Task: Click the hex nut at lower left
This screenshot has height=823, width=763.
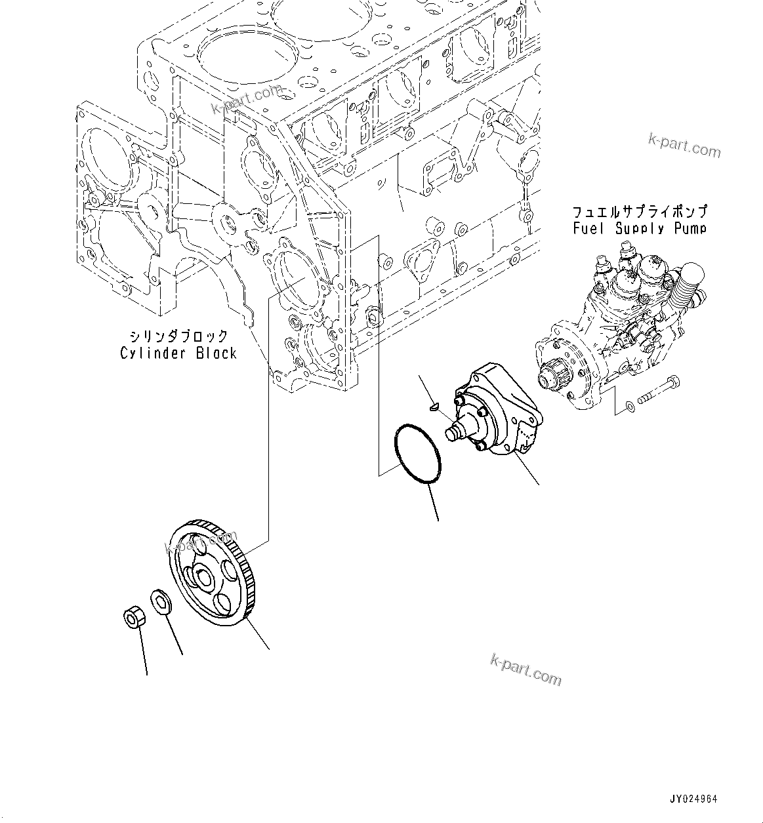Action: [x=134, y=616]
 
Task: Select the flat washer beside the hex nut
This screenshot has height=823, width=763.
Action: [x=161, y=602]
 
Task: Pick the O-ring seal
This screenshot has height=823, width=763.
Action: [x=417, y=454]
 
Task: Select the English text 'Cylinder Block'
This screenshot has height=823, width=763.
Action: [x=178, y=353]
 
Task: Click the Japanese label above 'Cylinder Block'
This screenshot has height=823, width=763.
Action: [x=178, y=336]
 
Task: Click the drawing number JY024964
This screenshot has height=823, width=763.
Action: [x=693, y=799]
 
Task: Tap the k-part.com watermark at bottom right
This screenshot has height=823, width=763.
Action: [x=526, y=669]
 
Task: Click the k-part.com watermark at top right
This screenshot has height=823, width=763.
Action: [x=684, y=146]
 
